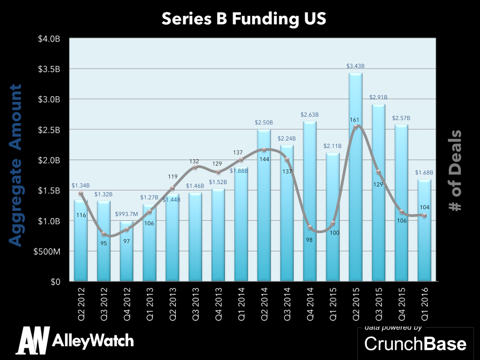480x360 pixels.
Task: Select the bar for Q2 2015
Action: pos(355,178)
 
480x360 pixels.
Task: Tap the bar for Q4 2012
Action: pos(127,253)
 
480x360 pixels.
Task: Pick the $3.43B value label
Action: pos(355,66)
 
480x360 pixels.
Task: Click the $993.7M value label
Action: pos(127,214)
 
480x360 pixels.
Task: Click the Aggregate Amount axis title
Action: pos(16,165)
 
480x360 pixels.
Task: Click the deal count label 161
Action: pos(355,120)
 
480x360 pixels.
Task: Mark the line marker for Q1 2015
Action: pos(332,223)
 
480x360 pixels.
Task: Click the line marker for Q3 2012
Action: pos(104,233)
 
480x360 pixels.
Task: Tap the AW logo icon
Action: pos(32,340)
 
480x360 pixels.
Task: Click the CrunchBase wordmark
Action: pos(415,344)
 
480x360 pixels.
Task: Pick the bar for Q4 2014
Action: pos(309,202)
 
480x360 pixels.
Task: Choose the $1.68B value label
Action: pos(424,172)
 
